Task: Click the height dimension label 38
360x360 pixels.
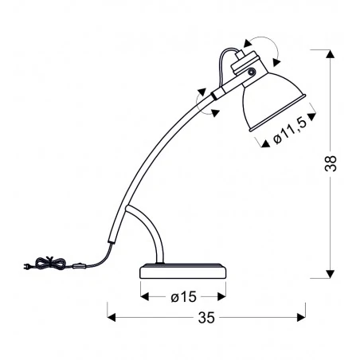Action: (x=331, y=163)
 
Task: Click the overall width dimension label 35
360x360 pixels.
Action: (x=206, y=317)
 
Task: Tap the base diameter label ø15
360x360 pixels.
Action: (x=183, y=296)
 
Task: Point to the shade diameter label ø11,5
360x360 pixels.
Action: (x=291, y=131)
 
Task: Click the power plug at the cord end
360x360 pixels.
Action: (x=27, y=266)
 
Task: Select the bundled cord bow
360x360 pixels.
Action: (x=50, y=262)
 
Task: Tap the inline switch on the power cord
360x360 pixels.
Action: (x=79, y=265)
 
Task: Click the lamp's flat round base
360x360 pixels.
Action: (x=183, y=271)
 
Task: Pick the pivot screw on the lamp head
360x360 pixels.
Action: (x=251, y=72)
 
